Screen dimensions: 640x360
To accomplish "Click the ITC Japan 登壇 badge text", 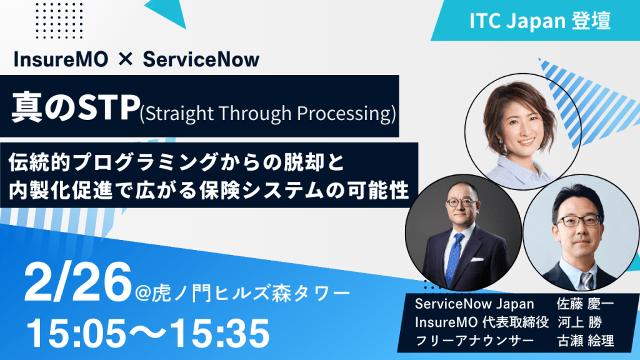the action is point(539,21).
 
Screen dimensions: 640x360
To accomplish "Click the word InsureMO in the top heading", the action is point(61,59).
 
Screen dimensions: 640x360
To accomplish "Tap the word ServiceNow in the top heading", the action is point(201,59).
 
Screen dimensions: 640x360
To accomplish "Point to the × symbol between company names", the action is point(125,60).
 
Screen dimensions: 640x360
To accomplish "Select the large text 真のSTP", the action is point(76,107).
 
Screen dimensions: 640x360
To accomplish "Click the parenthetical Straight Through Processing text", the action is point(267,114).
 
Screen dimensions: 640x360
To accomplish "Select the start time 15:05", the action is point(76,332).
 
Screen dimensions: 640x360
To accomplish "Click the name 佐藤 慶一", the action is point(585,304).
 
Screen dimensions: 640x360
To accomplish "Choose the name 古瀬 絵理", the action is point(586,341).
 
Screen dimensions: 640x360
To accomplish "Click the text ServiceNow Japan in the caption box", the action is point(474,304).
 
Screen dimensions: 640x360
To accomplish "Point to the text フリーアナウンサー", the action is point(474,341).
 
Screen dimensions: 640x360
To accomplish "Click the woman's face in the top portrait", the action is point(522,126).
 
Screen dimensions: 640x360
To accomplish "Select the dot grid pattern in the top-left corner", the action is point(59,21).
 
